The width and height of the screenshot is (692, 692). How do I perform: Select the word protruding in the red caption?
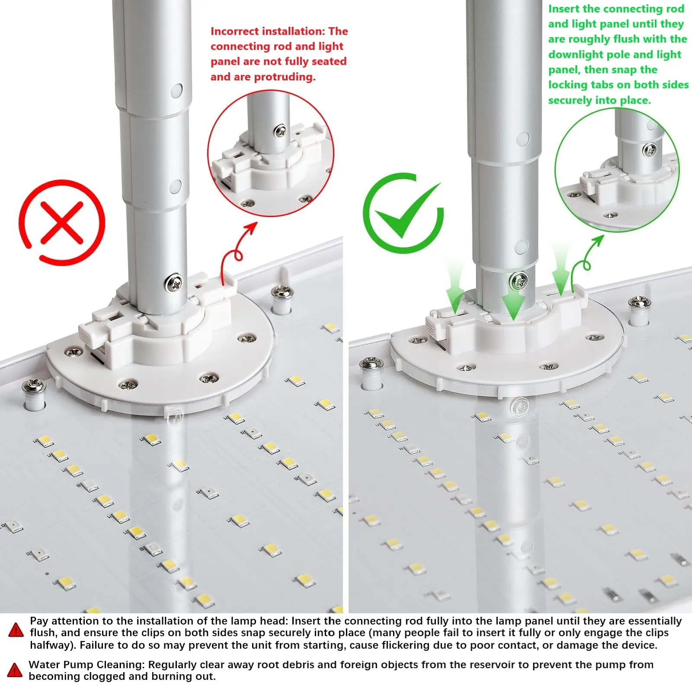tap(285, 77)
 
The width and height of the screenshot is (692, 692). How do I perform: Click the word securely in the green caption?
tap(569, 100)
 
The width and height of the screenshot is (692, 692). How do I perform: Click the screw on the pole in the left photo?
tap(173, 283)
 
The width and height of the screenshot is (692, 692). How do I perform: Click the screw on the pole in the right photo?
tap(519, 282)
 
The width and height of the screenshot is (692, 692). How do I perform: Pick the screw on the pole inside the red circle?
tap(280, 130)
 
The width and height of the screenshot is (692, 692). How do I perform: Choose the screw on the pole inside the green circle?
tap(650, 150)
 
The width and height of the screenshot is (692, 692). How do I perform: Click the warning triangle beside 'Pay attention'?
tap(16, 630)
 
